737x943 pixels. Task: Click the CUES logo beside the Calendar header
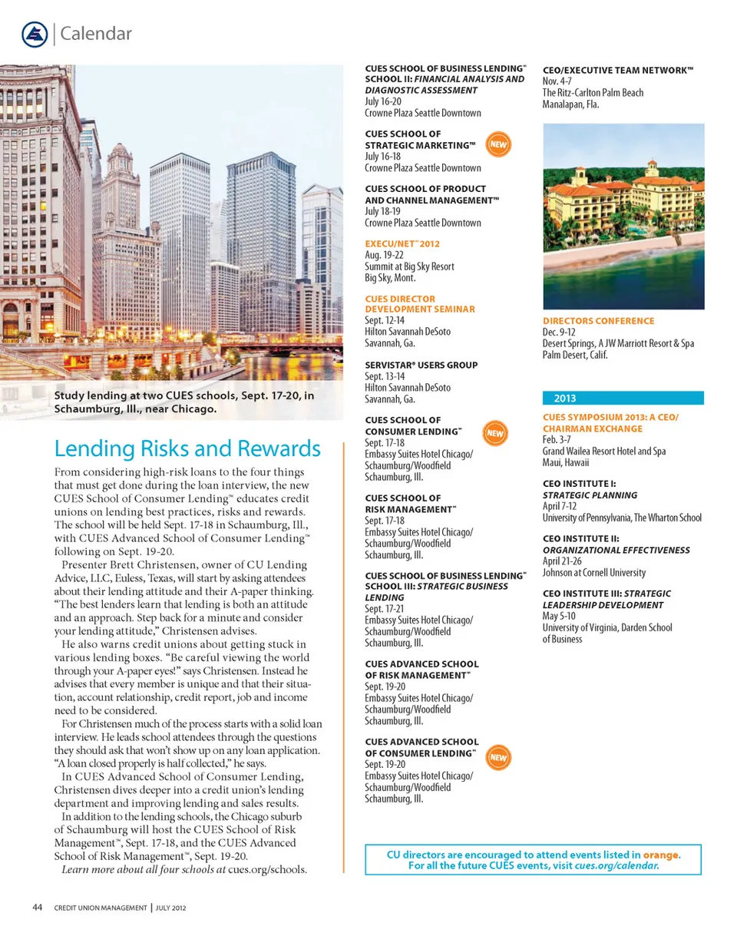pos(35,33)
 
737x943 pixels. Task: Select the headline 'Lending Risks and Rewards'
pos(187,448)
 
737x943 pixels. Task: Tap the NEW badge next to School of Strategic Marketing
pos(498,144)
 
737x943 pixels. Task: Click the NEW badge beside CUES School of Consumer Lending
pos(494,433)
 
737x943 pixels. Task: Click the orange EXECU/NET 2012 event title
pos(402,244)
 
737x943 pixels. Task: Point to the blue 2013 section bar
pos(623,398)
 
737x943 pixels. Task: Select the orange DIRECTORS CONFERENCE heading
pos(598,321)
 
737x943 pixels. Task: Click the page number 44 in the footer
pos(36,908)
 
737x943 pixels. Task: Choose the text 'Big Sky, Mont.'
pos(390,278)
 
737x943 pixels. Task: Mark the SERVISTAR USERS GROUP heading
pos(421,366)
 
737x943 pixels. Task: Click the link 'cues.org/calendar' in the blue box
pos(616,865)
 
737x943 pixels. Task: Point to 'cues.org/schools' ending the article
pos(268,869)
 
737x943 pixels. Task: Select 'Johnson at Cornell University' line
pos(593,572)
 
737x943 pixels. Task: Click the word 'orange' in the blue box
pos(660,854)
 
